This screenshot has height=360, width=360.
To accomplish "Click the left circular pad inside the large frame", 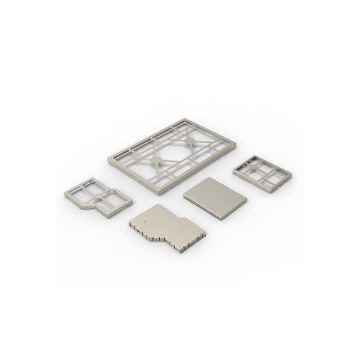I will tap(155, 160).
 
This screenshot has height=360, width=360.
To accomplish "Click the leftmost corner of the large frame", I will tap(109, 160).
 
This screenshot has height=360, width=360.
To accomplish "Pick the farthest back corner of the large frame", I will tap(183, 119).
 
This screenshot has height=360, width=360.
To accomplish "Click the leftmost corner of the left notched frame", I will tap(65, 194).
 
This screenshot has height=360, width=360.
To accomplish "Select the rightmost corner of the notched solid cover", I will tap(205, 231).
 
